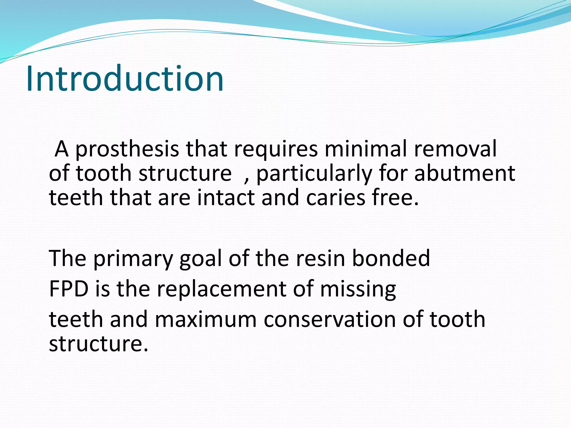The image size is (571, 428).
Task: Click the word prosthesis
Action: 127,149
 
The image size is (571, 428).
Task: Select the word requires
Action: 276,149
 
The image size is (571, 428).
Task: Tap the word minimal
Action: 366,149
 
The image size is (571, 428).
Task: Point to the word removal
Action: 455,149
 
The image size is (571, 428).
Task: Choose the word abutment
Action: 464,173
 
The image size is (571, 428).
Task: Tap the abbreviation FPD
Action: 69,289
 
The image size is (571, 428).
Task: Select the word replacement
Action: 221,289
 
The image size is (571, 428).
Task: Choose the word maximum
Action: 205,319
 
